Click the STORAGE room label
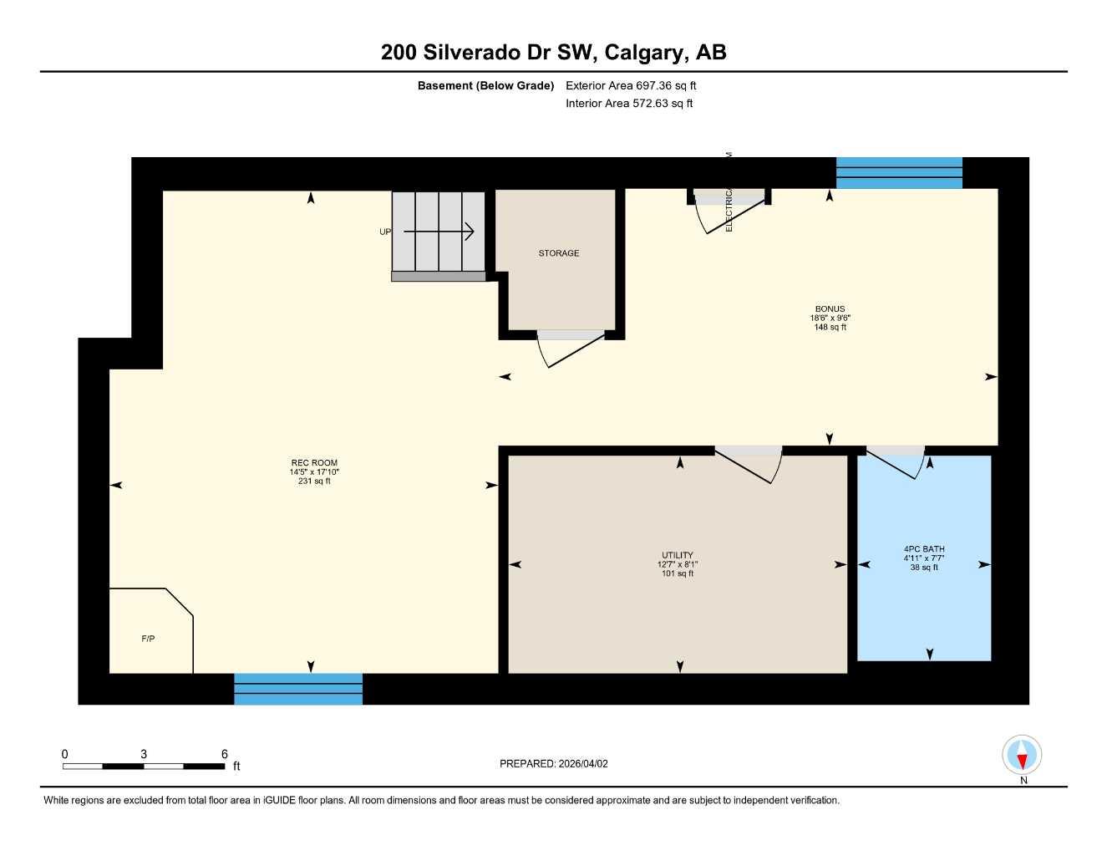(558, 253)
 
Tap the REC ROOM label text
(314, 463)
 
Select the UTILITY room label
(677, 555)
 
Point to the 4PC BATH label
(924, 549)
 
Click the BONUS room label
(830, 309)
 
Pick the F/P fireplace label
(148, 639)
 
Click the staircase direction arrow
(439, 232)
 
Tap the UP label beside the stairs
(384, 232)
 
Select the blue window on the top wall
(899, 173)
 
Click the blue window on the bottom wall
(298, 689)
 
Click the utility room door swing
(752, 466)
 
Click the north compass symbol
(1022, 756)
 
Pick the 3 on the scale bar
(144, 754)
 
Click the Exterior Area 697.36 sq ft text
(631, 85)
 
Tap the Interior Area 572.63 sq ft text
(629, 104)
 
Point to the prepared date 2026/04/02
(583, 763)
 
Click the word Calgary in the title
(644, 52)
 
